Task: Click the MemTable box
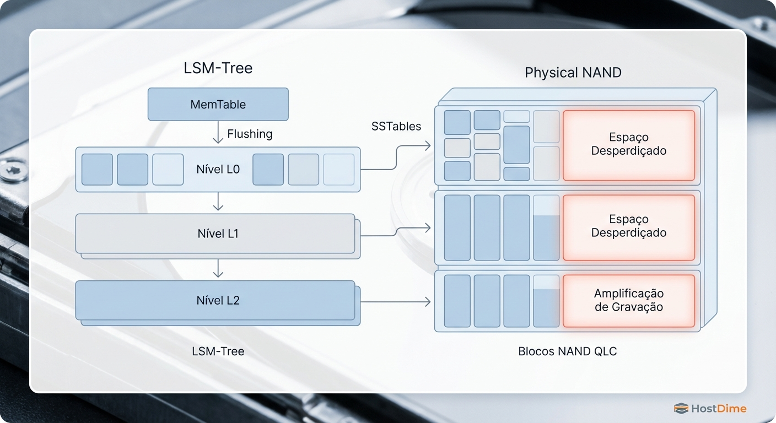[x=218, y=104]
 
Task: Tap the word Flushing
[x=250, y=134]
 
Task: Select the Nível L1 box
[x=215, y=234]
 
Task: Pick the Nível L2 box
[x=215, y=301]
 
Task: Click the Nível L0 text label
[x=218, y=170]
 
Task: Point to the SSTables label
[x=396, y=127]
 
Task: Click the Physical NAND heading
[x=573, y=73]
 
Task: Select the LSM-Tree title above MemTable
[x=218, y=68]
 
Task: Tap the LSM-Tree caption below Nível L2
[x=218, y=351]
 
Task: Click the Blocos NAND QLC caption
[x=567, y=351]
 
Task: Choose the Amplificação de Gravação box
[x=628, y=300]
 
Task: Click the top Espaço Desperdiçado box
[x=628, y=144]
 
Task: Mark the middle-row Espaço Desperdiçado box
[x=628, y=226]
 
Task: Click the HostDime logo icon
[x=681, y=408]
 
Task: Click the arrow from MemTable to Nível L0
[x=218, y=133]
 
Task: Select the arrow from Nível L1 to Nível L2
[x=218, y=268]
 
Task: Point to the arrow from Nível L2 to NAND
[x=395, y=301]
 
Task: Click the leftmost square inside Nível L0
[x=97, y=170]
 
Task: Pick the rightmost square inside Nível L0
[x=338, y=170]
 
